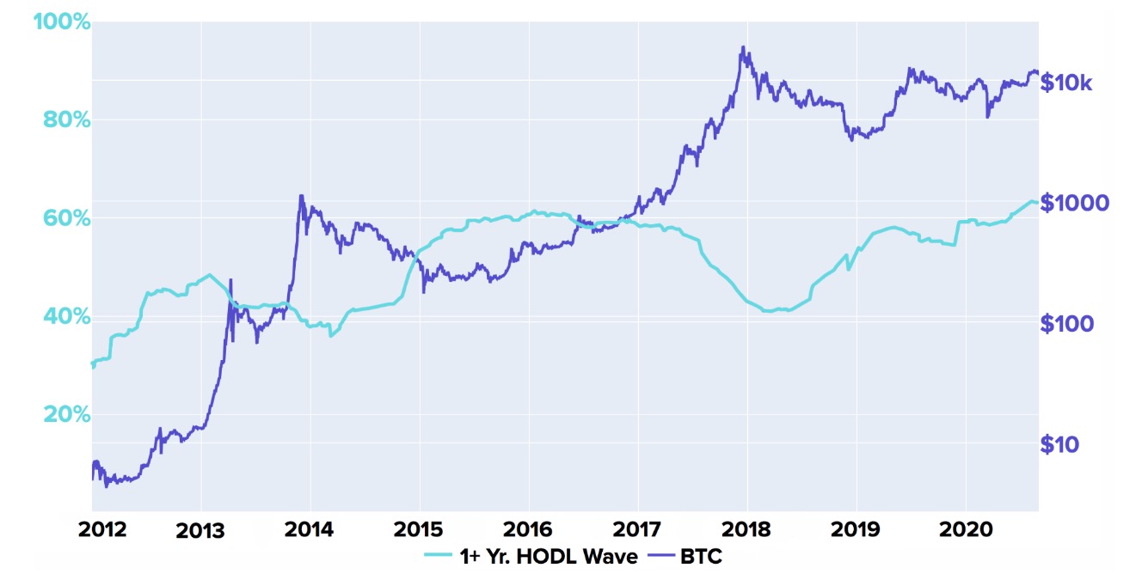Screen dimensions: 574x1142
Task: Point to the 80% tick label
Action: [x=66, y=119]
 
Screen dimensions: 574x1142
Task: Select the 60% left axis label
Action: [x=66, y=218]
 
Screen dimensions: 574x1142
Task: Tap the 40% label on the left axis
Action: [x=66, y=317]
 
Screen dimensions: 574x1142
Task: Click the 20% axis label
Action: [x=66, y=415]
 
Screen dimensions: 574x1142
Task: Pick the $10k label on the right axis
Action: [x=1066, y=83]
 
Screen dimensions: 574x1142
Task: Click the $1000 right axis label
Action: [x=1075, y=204]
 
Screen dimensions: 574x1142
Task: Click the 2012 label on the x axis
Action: [x=102, y=528]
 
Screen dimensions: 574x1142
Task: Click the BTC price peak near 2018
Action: [x=742, y=47]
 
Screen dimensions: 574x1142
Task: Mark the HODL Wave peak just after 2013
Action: [x=209, y=275]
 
